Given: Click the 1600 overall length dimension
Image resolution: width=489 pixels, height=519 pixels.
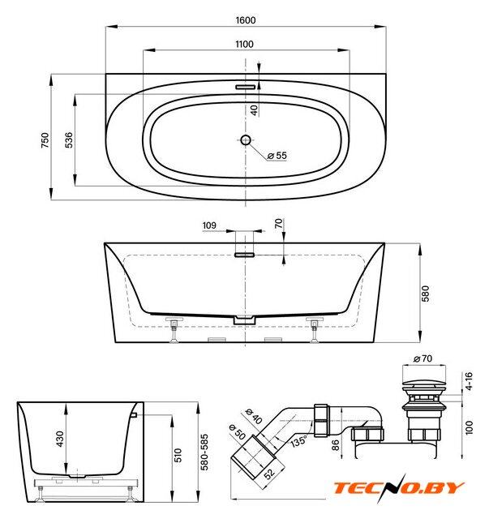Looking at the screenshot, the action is tap(246, 20).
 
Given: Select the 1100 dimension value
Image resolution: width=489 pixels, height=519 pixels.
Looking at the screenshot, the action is tap(244, 44).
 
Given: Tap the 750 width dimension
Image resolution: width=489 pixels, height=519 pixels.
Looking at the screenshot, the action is tap(45, 140).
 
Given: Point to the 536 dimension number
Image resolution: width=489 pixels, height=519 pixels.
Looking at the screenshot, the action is tap(69, 140).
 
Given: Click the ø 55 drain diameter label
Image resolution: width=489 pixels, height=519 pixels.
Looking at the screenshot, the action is tap(277, 155).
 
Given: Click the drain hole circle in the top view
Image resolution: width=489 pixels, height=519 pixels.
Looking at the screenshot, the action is tap(246, 140).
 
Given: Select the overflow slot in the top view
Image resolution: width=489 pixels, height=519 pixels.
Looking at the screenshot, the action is tap(246, 87).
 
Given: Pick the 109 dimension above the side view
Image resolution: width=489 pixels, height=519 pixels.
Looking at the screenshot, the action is tap(209, 225).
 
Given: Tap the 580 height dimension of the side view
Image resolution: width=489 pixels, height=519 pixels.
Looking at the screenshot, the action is tap(425, 294).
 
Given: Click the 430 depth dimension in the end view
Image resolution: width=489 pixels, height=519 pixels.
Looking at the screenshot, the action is tap(60, 439).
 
